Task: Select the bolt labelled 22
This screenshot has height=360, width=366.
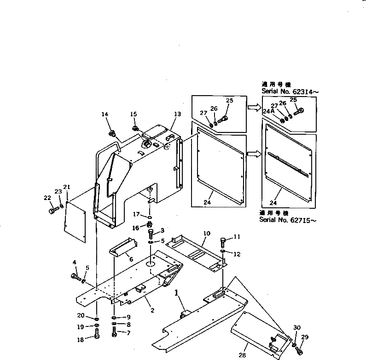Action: point(52,210)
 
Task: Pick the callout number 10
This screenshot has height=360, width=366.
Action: point(207,234)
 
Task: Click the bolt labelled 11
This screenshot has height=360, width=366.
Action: point(223,240)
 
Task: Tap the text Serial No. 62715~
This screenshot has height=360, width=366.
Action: point(289,220)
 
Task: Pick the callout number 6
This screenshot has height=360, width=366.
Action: point(131,259)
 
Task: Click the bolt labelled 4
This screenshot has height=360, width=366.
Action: point(75,277)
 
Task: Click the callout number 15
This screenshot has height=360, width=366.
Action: point(134,114)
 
